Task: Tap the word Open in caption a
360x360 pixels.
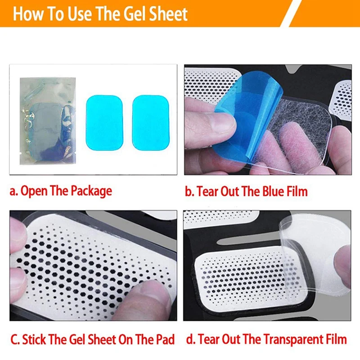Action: pos(33,191)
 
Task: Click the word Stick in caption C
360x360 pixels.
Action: pos(35,339)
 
